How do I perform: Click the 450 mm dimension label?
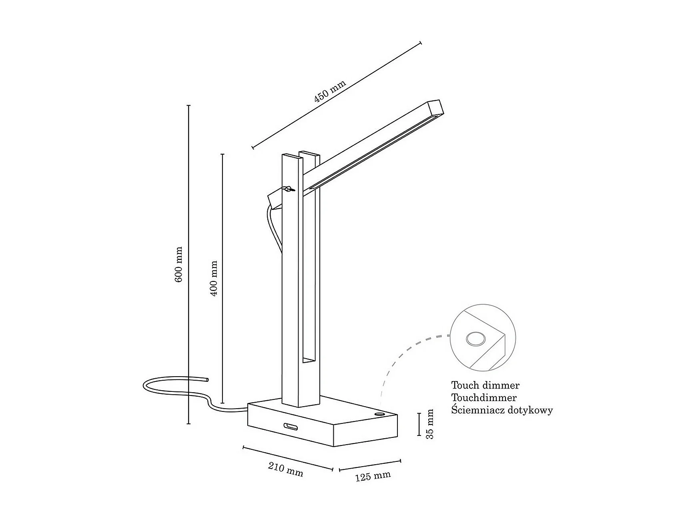(x=330, y=97)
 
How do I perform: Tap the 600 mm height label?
(x=179, y=264)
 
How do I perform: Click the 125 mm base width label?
(x=373, y=476)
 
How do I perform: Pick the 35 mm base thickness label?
(x=430, y=424)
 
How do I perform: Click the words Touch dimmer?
(x=485, y=385)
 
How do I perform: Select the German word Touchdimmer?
(x=484, y=398)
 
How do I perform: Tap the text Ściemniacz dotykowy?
(x=502, y=410)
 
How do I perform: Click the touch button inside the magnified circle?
(x=475, y=339)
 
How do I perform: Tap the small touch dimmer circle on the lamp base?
(x=379, y=413)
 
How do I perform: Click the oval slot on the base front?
(x=291, y=426)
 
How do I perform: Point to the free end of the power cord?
(x=207, y=379)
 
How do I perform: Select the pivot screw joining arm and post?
(x=289, y=189)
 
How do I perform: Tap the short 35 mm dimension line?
(x=419, y=424)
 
